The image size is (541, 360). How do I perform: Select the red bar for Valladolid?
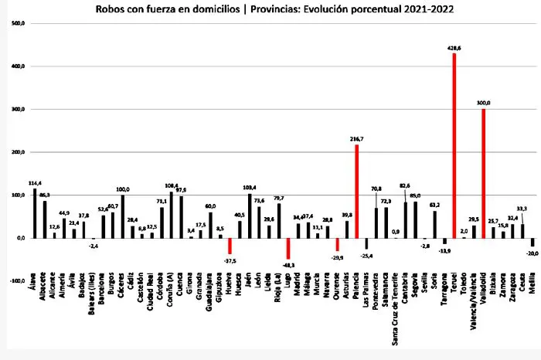point(483,173)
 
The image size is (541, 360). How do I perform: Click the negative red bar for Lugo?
point(288,249)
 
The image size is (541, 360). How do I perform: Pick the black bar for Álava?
point(35,213)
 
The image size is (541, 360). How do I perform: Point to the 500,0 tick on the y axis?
point(16,23)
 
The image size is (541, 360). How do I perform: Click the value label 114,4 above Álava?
point(34,183)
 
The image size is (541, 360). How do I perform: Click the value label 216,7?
point(356,139)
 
